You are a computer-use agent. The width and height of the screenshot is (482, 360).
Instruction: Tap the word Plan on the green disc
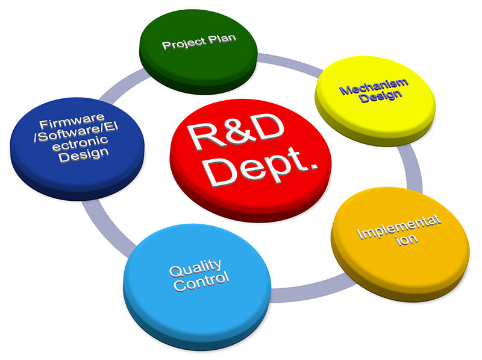pos(221,40)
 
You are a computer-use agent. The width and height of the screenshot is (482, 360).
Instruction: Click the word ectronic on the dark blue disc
pos(79,142)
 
